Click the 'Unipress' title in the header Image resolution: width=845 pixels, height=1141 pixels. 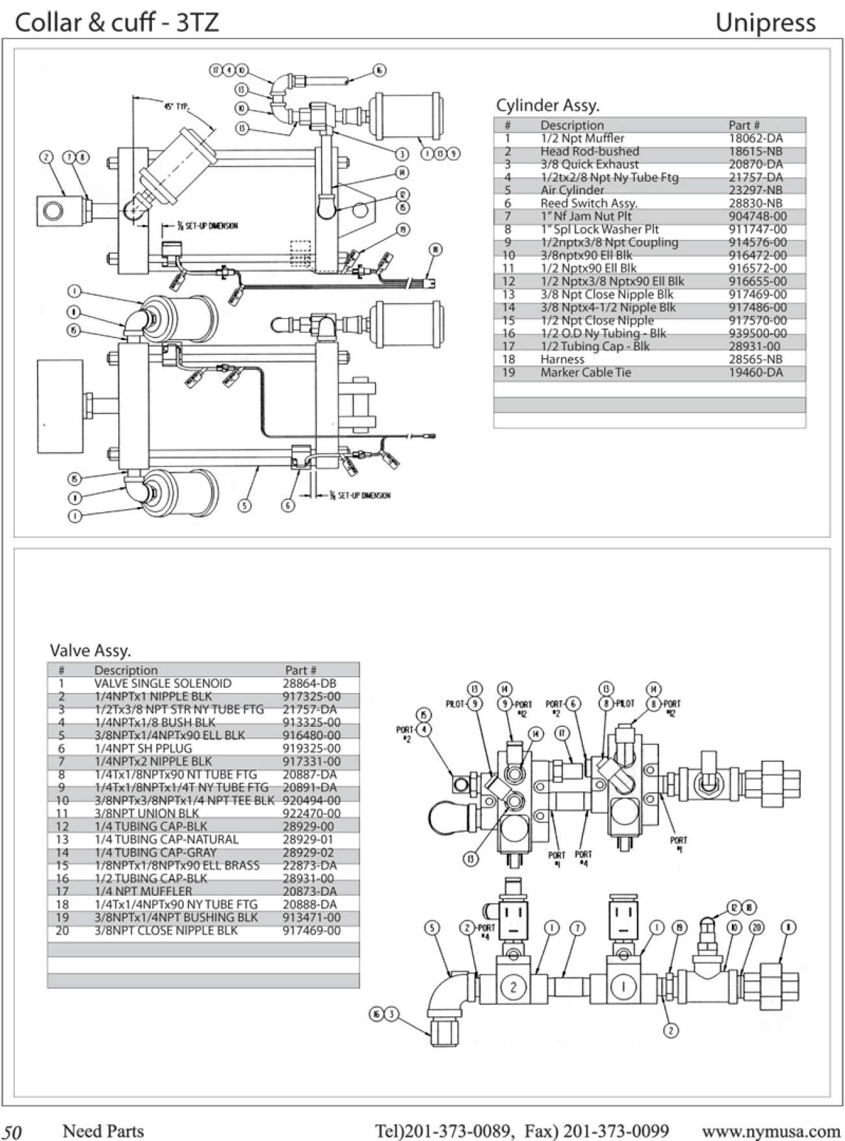[765, 23]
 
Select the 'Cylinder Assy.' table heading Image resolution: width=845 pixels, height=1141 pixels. [547, 105]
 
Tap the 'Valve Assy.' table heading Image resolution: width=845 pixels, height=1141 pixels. [90, 650]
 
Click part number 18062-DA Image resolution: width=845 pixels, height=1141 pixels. [755, 138]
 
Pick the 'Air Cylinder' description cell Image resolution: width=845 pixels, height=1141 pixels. [572, 190]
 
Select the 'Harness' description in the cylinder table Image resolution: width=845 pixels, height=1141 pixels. [562, 359]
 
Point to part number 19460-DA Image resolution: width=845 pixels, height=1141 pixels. [755, 373]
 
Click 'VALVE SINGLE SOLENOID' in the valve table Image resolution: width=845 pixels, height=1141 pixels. [162, 683]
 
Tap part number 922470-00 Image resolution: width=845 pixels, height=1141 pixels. [311, 813]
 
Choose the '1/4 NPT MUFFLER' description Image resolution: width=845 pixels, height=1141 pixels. [143, 891]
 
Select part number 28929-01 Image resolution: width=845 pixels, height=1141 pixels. [307, 839]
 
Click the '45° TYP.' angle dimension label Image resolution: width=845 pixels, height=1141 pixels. [176, 107]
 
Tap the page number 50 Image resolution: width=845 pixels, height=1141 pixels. [12, 1132]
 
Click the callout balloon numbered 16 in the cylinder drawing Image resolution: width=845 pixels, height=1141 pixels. [380, 70]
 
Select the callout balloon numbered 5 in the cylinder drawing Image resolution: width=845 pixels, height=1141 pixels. [244, 505]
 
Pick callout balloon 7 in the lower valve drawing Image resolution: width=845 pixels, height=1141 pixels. [578, 928]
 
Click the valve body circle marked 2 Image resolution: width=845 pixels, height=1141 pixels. [513, 987]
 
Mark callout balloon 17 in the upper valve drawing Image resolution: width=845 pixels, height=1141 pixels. [562, 733]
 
